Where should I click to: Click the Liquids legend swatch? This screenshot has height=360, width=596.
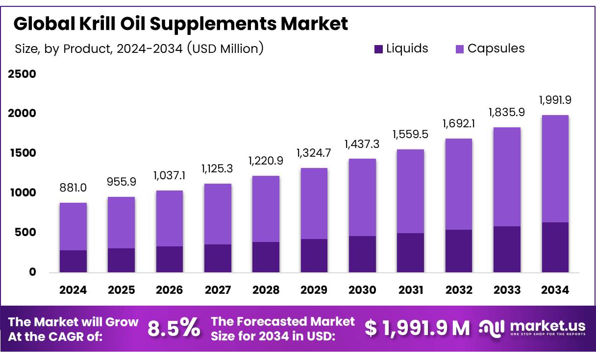(x=378, y=49)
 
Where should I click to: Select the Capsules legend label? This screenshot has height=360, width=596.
(x=496, y=48)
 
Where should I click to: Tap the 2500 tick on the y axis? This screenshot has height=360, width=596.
(x=22, y=74)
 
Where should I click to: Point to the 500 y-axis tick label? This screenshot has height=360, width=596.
(x=25, y=232)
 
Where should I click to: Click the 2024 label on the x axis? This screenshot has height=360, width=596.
(x=73, y=290)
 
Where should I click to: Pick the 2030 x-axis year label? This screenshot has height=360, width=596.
(x=362, y=290)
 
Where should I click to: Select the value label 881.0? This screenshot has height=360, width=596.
(x=73, y=188)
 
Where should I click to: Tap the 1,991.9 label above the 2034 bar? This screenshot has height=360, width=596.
(x=555, y=100)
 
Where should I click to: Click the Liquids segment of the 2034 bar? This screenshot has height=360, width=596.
(x=555, y=247)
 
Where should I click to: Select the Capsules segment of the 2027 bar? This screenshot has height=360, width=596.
(x=218, y=214)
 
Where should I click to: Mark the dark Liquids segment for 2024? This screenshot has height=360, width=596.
(x=73, y=261)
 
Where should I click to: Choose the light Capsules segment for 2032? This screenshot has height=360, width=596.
(x=459, y=184)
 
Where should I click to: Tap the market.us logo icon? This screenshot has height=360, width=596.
(x=492, y=328)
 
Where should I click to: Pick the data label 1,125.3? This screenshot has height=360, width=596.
(x=218, y=168)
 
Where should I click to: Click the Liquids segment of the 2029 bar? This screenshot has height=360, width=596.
(x=314, y=256)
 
